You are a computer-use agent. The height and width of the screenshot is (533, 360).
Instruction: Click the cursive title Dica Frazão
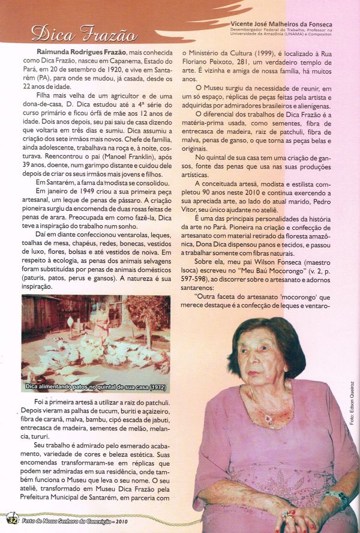tap(84, 34)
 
